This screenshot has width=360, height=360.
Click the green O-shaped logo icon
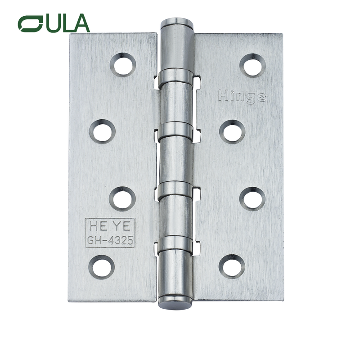(x=30, y=23)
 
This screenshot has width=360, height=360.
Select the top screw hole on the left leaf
(x=124, y=64)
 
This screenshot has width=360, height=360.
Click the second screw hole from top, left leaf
(x=104, y=130)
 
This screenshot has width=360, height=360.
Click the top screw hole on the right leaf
(x=252, y=65)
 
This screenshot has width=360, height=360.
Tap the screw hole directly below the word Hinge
(x=232, y=132)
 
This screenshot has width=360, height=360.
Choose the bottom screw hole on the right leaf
(x=232, y=265)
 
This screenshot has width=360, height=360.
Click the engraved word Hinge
(x=242, y=96)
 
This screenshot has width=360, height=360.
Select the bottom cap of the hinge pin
(x=176, y=305)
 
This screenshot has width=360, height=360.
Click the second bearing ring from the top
(x=176, y=130)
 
